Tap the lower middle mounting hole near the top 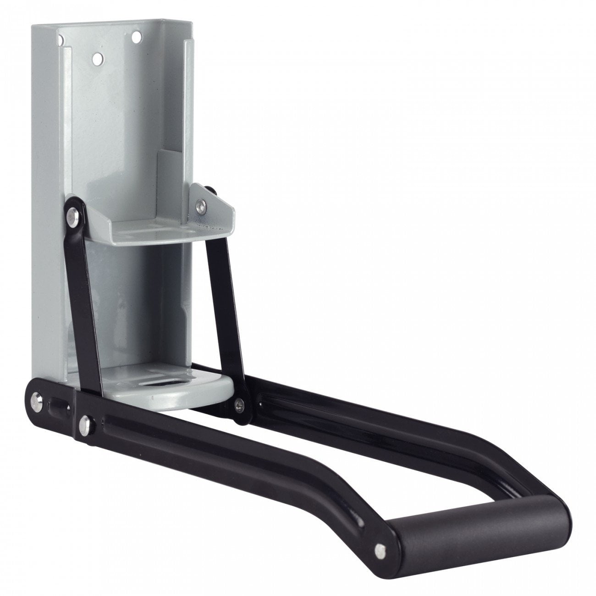pos(97,58)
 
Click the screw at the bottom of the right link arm pos(240,403)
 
